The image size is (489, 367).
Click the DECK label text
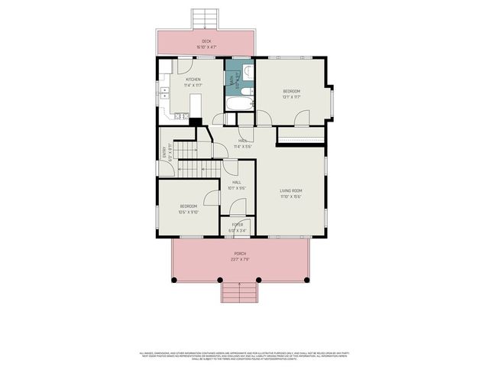pos(206,41)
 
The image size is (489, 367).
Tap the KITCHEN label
pos(193,79)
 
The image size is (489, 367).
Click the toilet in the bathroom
pos(247,73)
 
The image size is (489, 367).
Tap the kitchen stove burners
pos(180,116)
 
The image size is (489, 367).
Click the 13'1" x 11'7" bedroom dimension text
pos(292,97)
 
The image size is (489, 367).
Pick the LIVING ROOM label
pos(290,190)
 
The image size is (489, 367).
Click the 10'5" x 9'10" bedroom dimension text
pos(189,212)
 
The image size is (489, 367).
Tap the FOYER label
pos(238,224)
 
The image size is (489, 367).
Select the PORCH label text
pos(240,253)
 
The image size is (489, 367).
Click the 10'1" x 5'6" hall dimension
pos(237,188)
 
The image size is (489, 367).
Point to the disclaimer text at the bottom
pos(244,356)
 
